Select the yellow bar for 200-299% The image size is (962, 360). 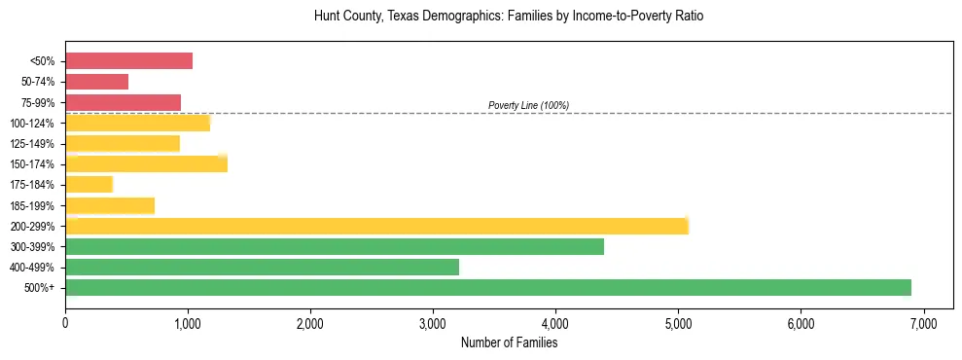point(376,226)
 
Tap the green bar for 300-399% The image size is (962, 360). point(335,246)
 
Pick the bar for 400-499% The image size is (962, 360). point(262,267)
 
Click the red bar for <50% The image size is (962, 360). point(128,61)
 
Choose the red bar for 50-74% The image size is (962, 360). point(96,82)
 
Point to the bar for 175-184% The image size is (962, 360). point(89,185)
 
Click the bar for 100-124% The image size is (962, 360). point(137,123)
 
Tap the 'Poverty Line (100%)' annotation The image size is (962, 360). point(528,105)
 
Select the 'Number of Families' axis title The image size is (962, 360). point(509,342)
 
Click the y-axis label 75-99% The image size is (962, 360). point(39,103)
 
